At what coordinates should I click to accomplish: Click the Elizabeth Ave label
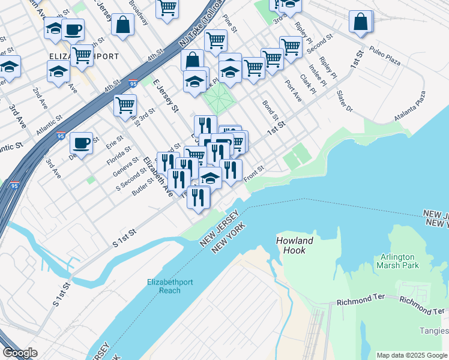[158, 177]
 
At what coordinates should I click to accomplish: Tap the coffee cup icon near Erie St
[81, 143]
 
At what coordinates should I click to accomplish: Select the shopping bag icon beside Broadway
[122, 25]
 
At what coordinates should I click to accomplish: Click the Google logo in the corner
[20, 353]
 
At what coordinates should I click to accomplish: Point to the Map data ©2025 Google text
[412, 355]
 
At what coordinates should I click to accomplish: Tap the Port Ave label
[293, 91]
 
